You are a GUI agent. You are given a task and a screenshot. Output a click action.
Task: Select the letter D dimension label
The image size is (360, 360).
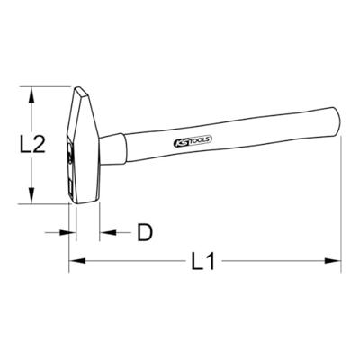pyautogui.click(x=144, y=234)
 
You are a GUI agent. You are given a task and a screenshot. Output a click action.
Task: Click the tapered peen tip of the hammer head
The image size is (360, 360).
pyautogui.click(x=85, y=89)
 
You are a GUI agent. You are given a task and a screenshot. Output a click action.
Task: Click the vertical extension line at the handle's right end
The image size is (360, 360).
pyautogui.click(x=343, y=180)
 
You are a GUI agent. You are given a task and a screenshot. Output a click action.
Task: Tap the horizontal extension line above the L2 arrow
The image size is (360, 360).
pyautogui.click(x=49, y=86)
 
